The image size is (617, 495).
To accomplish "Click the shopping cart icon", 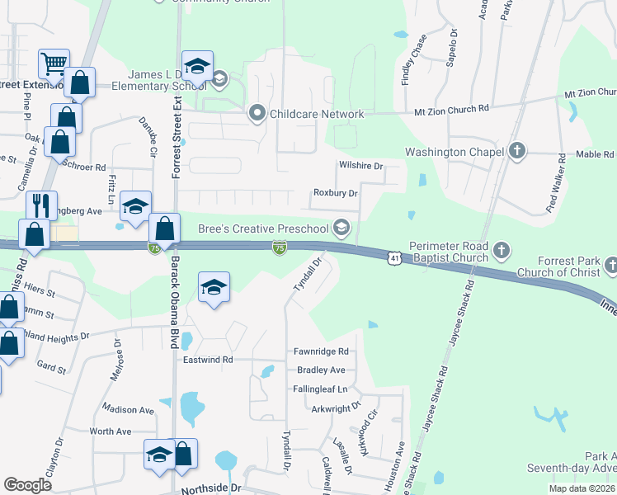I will point(53,63).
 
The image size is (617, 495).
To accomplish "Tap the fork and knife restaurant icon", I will point(40,204).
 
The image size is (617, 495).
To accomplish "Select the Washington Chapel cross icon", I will point(516,152).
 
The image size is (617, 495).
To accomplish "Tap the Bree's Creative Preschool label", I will point(262,229).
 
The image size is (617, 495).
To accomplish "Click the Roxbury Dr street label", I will point(335,193).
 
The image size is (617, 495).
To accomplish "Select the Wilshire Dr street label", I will point(361,166).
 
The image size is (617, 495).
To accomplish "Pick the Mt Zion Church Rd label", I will point(451,108).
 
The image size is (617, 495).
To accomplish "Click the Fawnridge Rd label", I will point(322,351).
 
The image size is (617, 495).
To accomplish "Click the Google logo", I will point(28,485).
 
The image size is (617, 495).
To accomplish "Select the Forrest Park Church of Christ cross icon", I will point(610,265).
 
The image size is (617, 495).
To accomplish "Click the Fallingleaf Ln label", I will point(321,389).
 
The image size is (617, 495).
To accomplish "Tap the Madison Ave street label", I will point(128,409).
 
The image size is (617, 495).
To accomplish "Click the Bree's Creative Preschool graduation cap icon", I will point(341,228).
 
